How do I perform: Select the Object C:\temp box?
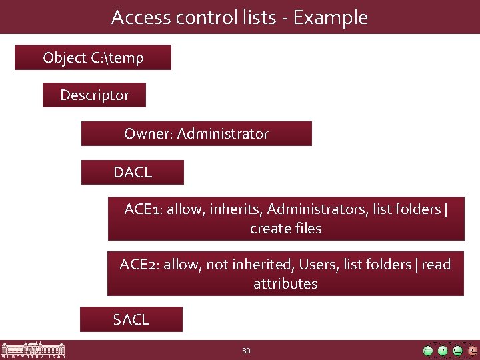click(x=93, y=58)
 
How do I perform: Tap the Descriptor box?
click(x=94, y=95)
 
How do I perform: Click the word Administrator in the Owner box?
click(x=223, y=134)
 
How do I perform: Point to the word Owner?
click(x=148, y=134)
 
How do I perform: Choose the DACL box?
click(x=132, y=172)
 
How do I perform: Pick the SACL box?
click(x=131, y=320)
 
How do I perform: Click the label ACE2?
click(x=139, y=265)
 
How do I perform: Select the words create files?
click(x=285, y=229)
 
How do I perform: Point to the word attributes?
click(x=285, y=284)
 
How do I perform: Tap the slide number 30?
click(x=246, y=351)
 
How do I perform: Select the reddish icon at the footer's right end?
click(x=472, y=351)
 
